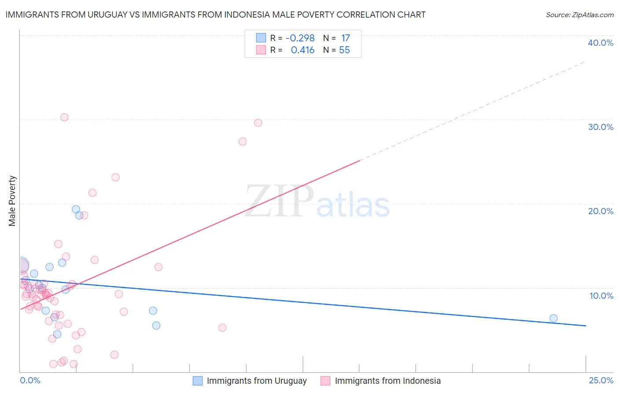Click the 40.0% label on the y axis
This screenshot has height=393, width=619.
(x=601, y=43)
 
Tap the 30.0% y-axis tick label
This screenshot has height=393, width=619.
(x=601, y=127)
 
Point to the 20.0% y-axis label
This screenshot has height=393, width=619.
(x=601, y=211)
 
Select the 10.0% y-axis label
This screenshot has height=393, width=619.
(x=601, y=296)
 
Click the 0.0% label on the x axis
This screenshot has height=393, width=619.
(x=30, y=381)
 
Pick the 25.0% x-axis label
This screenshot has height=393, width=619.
(x=601, y=381)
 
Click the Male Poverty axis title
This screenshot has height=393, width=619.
(x=12, y=201)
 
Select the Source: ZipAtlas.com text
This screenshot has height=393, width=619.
(x=580, y=15)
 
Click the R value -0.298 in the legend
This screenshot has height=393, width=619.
(x=300, y=38)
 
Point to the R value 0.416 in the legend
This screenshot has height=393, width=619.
(x=302, y=50)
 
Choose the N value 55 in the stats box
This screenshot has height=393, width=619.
(x=344, y=50)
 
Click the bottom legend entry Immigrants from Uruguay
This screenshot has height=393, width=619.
(x=257, y=381)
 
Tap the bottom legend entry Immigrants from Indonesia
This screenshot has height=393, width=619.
(x=387, y=381)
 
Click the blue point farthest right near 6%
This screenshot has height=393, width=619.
(x=553, y=319)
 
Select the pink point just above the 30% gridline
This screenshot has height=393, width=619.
(x=64, y=117)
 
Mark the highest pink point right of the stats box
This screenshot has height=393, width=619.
(x=258, y=123)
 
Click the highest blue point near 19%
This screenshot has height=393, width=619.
(x=76, y=209)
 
